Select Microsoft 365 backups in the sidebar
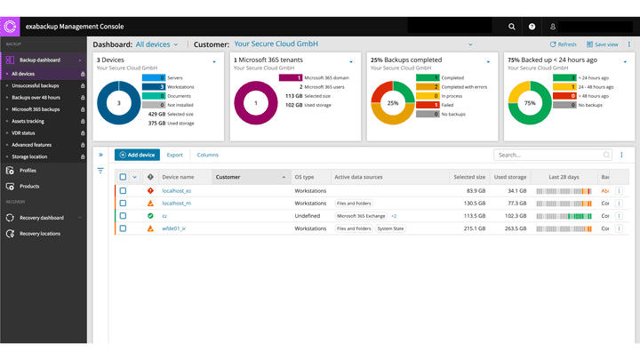point(36,108)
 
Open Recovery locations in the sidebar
point(41,233)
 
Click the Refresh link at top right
point(564,44)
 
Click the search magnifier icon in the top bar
point(512,27)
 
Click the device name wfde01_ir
point(173,228)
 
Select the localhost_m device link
point(176,204)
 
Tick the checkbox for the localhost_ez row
point(124,191)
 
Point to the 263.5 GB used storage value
point(516,228)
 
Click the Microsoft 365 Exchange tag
point(361,216)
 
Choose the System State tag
point(389,228)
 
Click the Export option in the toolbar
point(175,155)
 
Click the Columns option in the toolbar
point(207,155)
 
